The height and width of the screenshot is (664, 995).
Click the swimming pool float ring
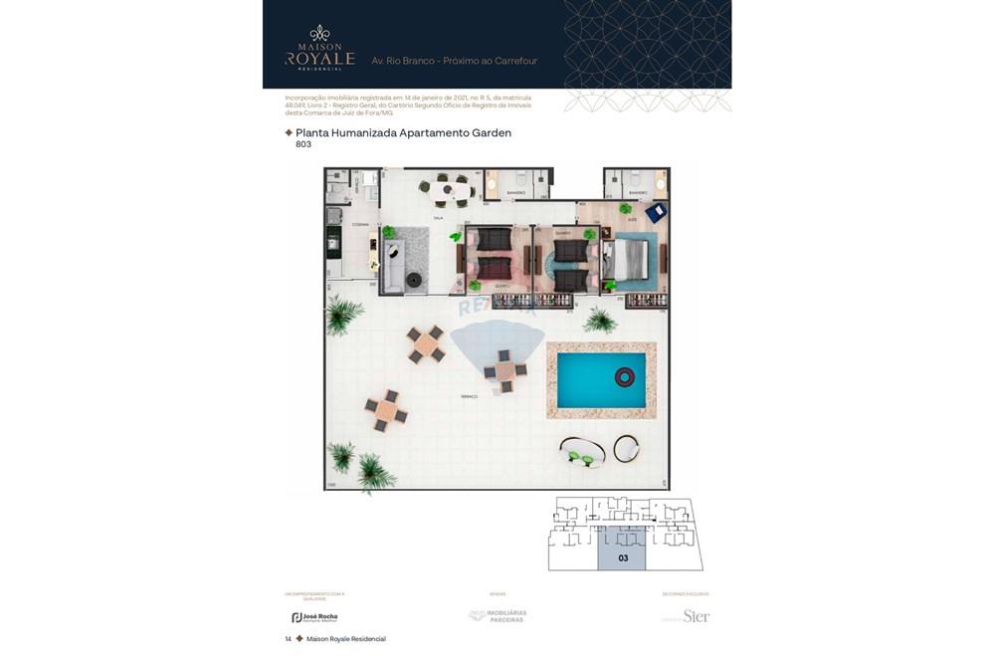pos(625,376)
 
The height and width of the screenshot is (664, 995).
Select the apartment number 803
pos(303,144)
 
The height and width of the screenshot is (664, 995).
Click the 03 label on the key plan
pos(623,558)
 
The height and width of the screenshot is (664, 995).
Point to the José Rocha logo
pos(314,617)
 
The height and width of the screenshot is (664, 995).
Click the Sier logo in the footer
pos(696,616)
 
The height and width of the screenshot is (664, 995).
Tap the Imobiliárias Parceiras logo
pos(498,616)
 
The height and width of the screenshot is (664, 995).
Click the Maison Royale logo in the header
pos(319,48)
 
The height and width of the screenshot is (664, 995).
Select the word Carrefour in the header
pos(513,61)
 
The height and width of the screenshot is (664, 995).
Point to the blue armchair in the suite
pos(655,212)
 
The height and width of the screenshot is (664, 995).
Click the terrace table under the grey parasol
pos(505,371)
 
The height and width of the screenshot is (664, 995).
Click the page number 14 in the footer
pos(289,639)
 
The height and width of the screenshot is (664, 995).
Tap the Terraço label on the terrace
pos(468,396)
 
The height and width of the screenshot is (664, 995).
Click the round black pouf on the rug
pos(413,281)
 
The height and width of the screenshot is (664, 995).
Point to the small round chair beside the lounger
pos(627,449)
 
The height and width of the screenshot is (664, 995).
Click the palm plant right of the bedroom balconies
pos(600,320)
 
